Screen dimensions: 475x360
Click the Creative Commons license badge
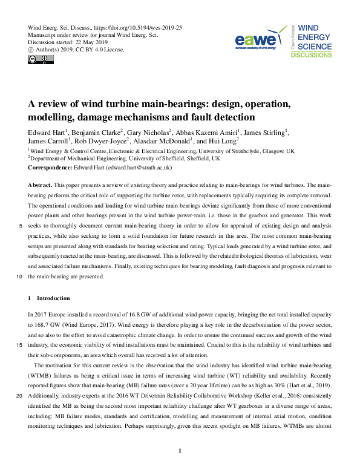38,59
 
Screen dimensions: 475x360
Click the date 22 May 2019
91,42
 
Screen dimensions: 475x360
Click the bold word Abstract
41,183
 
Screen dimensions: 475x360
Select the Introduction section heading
53,298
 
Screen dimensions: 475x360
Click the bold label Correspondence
50,166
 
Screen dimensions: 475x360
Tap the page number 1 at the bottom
180,450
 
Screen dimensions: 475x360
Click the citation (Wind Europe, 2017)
78,324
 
